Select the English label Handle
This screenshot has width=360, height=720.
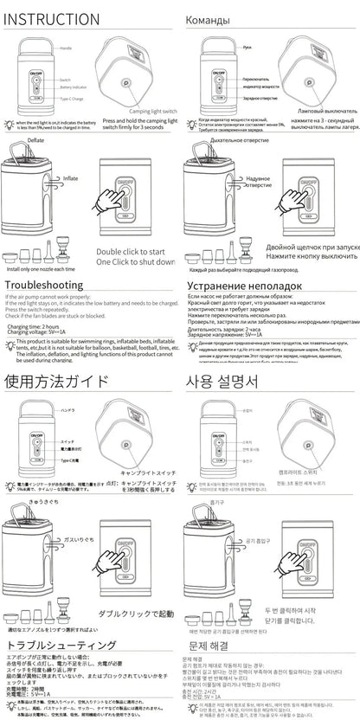point(64,48)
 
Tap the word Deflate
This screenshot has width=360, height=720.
point(35,139)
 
